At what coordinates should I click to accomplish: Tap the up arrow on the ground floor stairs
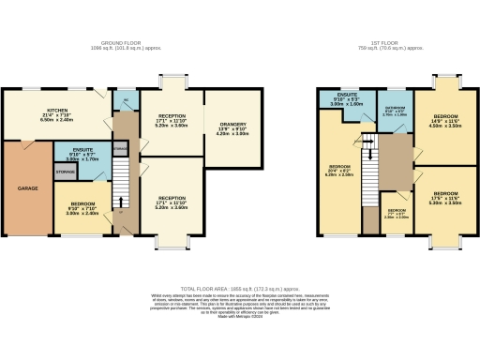coord(119,200)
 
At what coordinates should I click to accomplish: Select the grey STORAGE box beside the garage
coord(66,172)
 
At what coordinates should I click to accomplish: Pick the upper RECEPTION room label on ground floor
coord(171,116)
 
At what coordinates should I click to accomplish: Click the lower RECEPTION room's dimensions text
coord(171,208)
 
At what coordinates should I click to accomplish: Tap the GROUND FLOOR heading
coord(121,43)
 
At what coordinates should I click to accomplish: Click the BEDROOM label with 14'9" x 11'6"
coord(442,116)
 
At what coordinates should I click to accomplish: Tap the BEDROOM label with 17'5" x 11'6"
coord(442,194)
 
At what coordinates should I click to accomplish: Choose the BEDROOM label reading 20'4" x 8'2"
coord(339,168)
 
